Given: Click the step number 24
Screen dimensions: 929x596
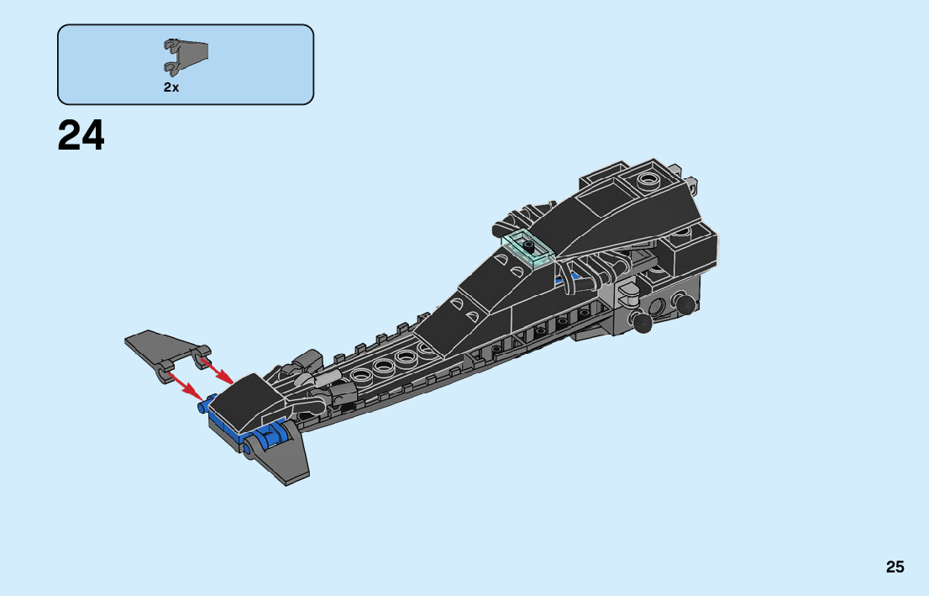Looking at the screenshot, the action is [x=81, y=135].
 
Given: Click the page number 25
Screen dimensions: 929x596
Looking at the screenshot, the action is [x=895, y=567].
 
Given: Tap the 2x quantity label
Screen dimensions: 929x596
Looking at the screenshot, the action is [x=171, y=87].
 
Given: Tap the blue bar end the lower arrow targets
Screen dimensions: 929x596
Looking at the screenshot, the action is [x=203, y=407].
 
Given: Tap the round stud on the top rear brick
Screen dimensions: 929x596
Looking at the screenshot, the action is [x=647, y=178].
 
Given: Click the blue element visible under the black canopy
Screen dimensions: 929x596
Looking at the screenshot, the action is [x=575, y=275].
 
